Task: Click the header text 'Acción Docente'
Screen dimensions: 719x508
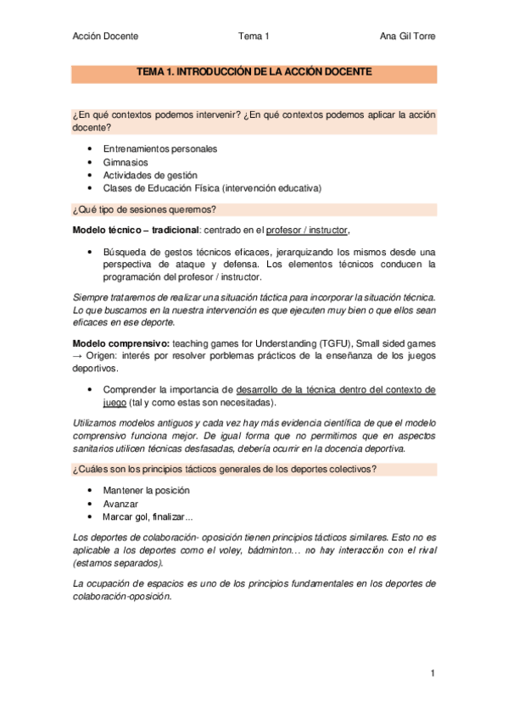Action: point(105,36)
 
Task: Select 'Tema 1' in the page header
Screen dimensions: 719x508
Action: point(254,36)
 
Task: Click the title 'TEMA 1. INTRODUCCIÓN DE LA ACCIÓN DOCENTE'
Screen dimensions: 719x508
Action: point(254,73)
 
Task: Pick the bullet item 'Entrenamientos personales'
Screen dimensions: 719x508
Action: point(159,148)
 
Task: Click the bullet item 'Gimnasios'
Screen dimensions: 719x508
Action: point(126,162)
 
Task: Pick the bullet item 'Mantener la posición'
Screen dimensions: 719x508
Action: point(146,490)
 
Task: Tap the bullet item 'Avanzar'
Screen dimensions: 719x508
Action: point(120,504)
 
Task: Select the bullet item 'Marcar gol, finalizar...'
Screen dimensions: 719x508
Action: point(148,516)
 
